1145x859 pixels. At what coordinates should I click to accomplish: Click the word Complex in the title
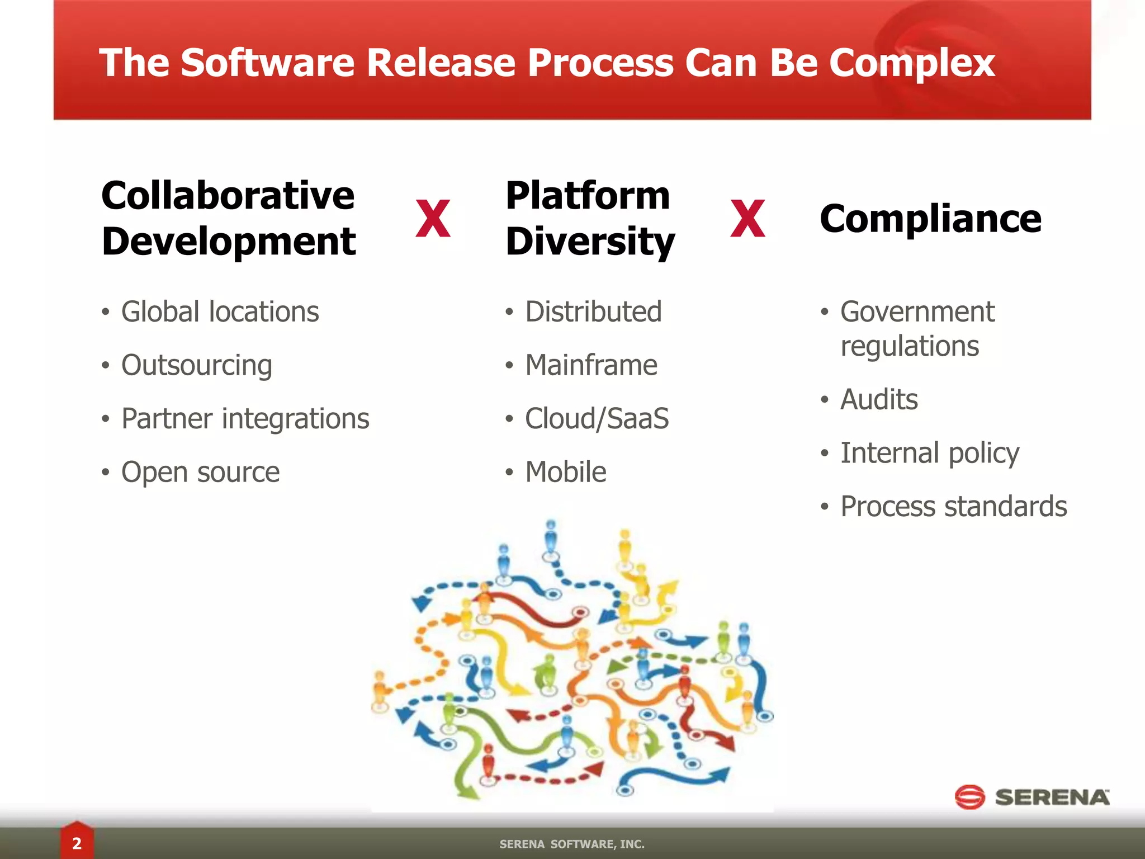911,63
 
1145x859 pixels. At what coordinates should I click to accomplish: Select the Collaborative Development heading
228,218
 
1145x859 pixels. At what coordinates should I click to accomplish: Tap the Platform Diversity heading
589,218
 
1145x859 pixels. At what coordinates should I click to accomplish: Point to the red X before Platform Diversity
433,219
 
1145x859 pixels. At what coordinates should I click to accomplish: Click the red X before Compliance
747,219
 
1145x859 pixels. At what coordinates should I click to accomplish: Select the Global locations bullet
220,311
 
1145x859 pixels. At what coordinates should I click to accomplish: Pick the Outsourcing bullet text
197,365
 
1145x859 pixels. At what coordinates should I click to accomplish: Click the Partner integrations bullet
245,419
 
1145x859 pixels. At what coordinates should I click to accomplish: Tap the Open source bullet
200,472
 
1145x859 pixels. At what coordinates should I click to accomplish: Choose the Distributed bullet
593,311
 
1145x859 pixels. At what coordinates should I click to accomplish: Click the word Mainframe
591,365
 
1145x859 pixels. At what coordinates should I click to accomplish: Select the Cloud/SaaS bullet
597,419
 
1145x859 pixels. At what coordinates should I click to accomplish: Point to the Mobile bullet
566,472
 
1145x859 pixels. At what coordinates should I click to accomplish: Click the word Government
917,311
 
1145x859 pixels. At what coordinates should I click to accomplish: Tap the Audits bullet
879,399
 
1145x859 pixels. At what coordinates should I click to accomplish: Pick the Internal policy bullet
930,453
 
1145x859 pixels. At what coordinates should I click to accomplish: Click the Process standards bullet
954,507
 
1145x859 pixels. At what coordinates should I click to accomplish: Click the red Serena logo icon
969,797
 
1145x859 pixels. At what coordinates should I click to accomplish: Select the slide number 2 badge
77,843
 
